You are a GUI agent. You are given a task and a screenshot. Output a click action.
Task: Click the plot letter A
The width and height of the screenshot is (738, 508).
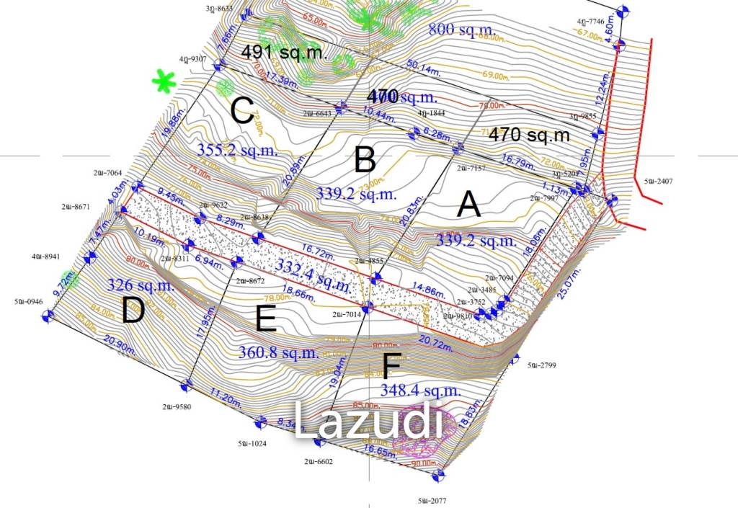coord(469,206)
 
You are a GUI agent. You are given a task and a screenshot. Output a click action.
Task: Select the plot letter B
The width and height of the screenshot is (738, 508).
coord(365,160)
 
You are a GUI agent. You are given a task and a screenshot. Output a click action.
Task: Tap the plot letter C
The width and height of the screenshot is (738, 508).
coord(241,110)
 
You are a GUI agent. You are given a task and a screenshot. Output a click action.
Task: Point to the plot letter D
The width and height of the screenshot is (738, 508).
coord(133,311)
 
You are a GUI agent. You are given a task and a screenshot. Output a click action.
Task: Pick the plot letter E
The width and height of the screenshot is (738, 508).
coord(266,318)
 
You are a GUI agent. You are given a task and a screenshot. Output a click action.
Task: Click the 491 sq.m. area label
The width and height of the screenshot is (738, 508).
coord(284,52)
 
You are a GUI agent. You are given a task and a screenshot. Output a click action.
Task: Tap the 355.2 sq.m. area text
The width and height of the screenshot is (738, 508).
coord(237,148)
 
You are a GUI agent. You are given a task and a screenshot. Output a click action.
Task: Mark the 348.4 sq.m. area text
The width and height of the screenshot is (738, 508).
coord(420,391)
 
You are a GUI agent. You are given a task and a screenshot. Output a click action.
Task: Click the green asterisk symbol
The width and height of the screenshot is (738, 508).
coord(164,81)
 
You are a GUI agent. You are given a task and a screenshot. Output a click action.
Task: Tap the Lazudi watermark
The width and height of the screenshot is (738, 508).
coord(368,422)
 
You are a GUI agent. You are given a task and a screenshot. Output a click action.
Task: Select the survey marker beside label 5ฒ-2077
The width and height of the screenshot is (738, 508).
coord(437,475)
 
